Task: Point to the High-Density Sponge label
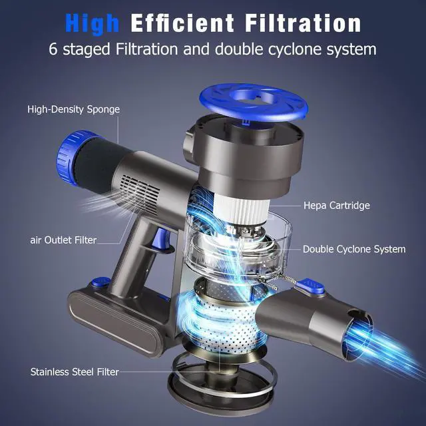(x=74, y=108)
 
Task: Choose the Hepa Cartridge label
(x=336, y=206)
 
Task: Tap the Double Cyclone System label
(x=353, y=249)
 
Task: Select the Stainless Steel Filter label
(x=74, y=371)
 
